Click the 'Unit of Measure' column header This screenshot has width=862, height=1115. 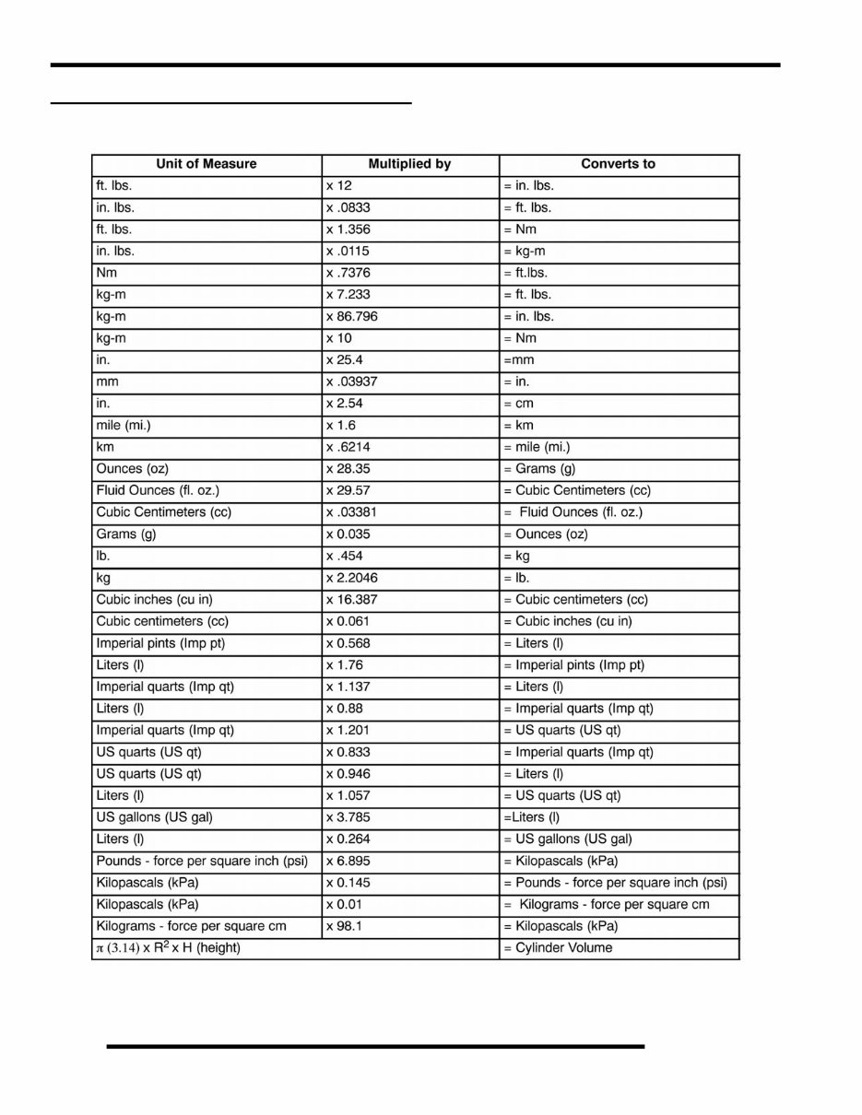click(207, 164)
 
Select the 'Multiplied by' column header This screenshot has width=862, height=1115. click(409, 164)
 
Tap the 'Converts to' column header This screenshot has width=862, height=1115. click(618, 164)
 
